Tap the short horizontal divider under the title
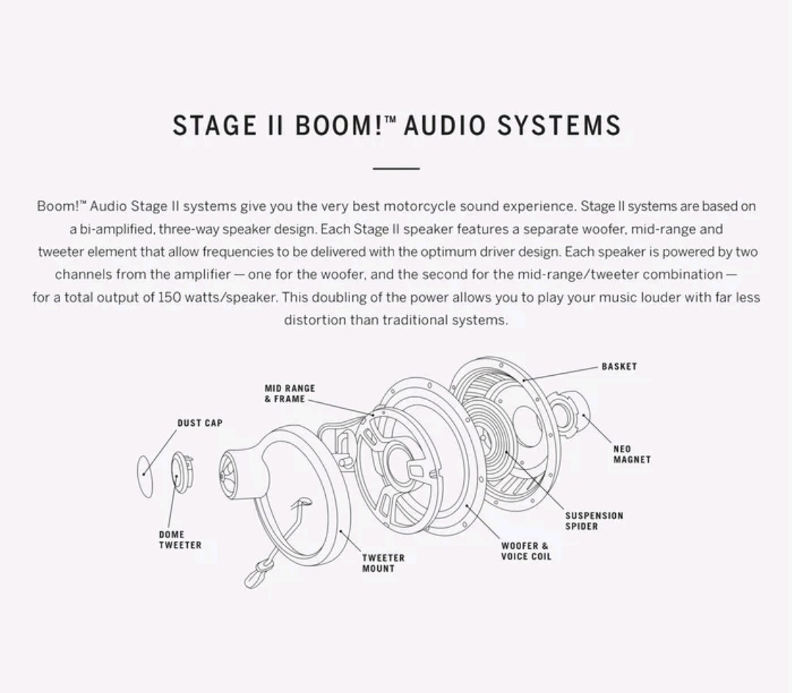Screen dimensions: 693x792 click(396, 168)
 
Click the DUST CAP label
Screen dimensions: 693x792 click(199, 423)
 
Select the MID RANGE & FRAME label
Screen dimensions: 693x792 click(289, 393)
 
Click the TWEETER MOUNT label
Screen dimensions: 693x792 click(382, 563)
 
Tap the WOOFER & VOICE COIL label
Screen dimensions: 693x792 click(526, 551)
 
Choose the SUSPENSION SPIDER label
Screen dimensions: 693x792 click(593, 520)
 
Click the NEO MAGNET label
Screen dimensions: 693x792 click(631, 454)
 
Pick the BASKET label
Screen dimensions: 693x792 click(619, 366)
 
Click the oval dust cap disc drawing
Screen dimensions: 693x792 click(145, 476)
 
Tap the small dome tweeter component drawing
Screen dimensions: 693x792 click(180, 472)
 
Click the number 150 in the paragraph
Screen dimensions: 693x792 click(170, 297)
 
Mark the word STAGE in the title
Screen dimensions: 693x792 click(209, 126)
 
